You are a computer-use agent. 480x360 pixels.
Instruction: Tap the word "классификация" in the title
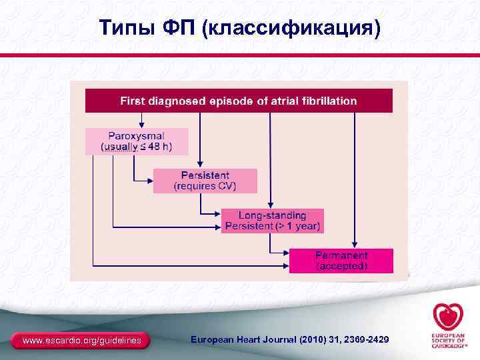pyautogui.click(x=294, y=28)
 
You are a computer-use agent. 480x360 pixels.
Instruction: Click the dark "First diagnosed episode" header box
pyautogui.click(x=239, y=101)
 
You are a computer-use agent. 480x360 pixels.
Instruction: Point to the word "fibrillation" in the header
pyautogui.click(x=327, y=101)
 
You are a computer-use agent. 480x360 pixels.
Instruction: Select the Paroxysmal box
pyautogui.click(x=137, y=141)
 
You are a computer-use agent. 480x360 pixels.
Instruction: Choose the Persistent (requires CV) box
pyautogui.click(x=205, y=181)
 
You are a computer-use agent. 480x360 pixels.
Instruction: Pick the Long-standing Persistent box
pyautogui.click(x=272, y=221)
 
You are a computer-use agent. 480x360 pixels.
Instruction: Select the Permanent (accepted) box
pyautogui.click(x=341, y=260)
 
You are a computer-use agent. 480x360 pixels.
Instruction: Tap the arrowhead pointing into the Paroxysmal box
pyautogui.click(x=141, y=125)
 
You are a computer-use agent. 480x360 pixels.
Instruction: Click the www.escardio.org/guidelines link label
pyautogui.click(x=82, y=341)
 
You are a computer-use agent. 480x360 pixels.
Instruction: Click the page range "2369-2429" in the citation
pyautogui.click(x=364, y=341)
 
